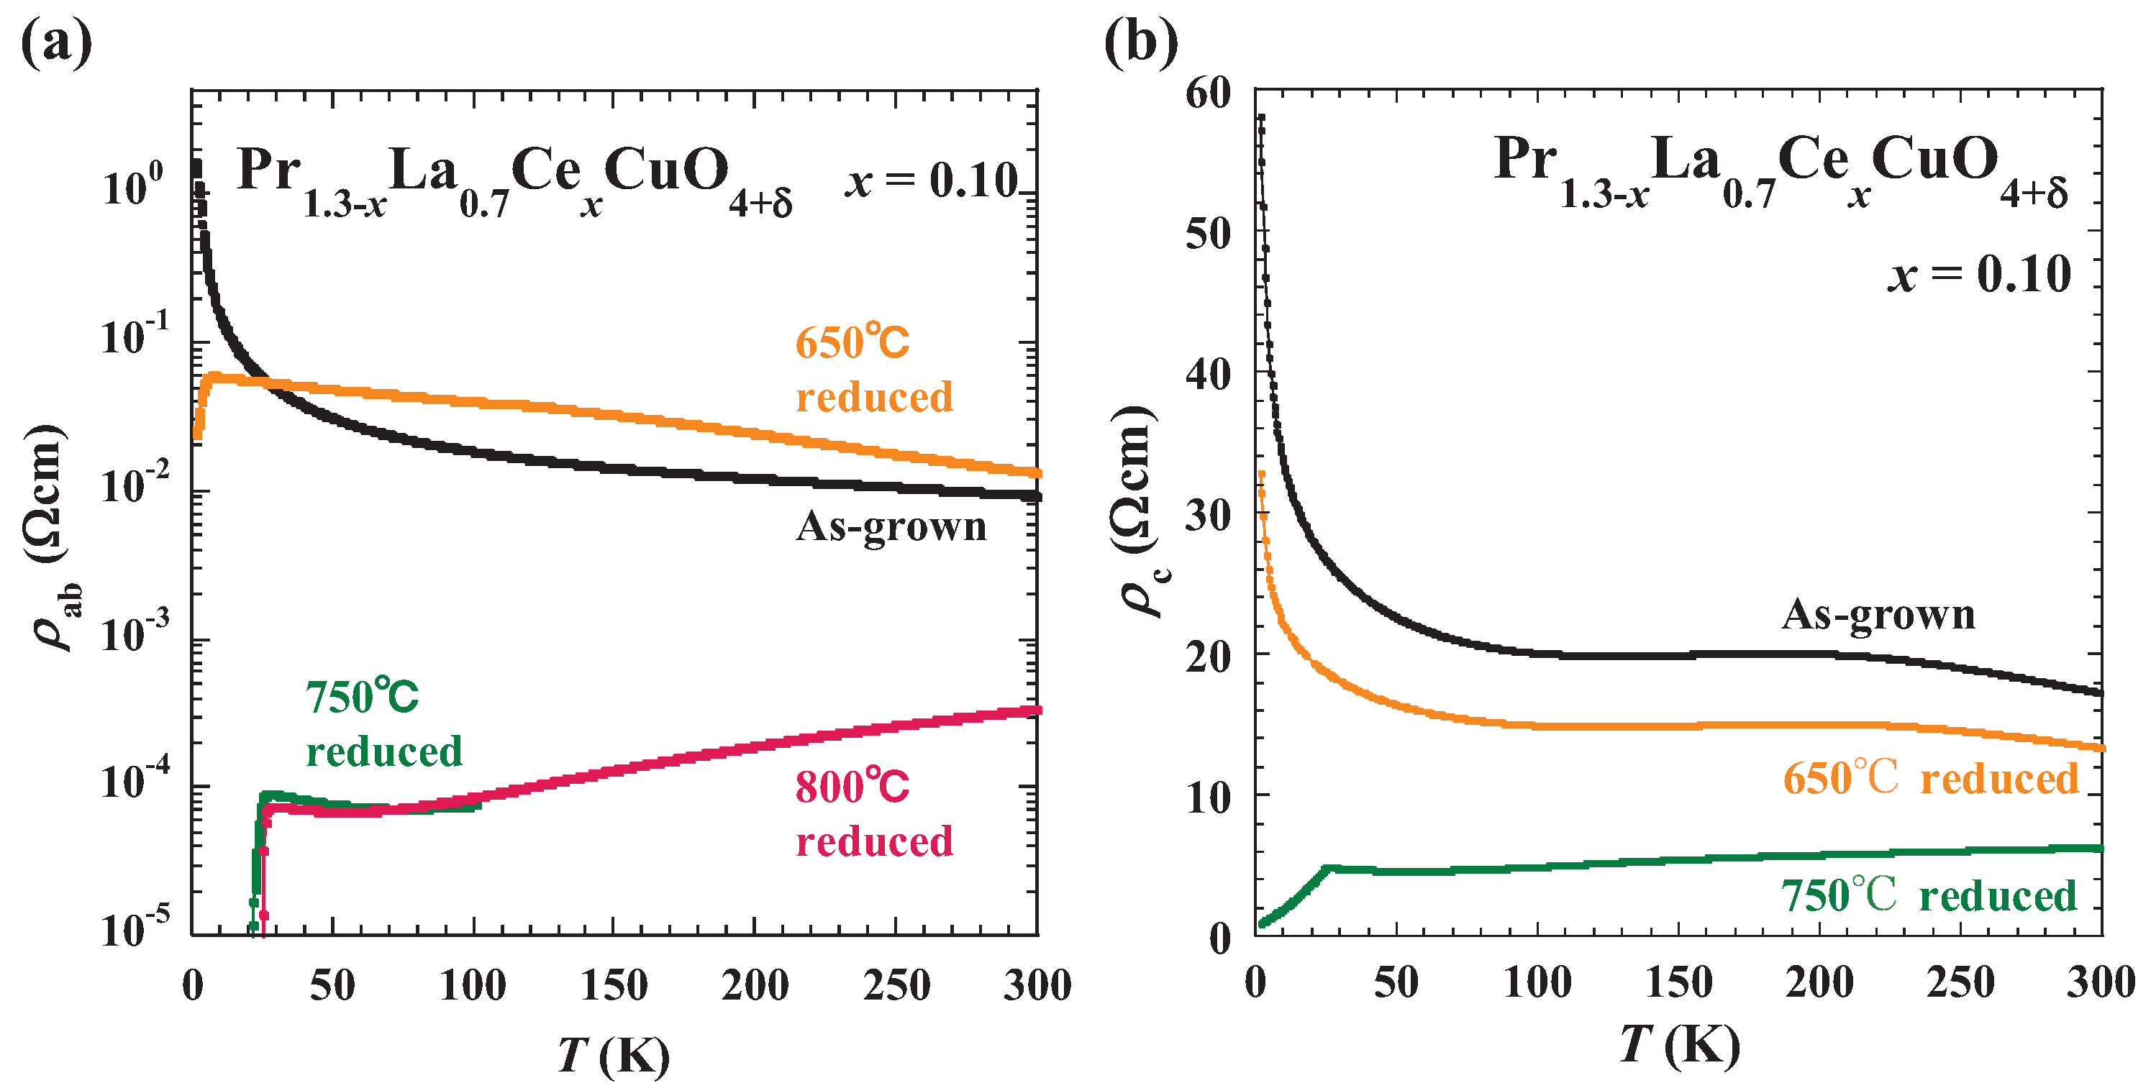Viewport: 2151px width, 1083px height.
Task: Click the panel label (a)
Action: click(x=56, y=42)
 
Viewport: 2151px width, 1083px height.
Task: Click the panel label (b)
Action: click(x=1141, y=42)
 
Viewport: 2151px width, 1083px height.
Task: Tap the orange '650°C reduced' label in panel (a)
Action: click(x=873, y=369)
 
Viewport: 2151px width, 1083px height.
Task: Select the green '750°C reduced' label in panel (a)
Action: click(x=383, y=724)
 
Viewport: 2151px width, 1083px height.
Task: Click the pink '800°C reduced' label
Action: click(x=873, y=813)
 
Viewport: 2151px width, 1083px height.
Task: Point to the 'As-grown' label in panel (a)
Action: click(x=891, y=526)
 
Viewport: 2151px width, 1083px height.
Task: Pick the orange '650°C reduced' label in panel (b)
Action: click(x=1929, y=778)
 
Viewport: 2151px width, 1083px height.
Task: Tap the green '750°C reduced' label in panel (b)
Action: click(x=1928, y=896)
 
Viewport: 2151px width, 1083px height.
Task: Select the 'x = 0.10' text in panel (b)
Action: click(x=1979, y=274)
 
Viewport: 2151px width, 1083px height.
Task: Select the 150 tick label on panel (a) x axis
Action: click(x=614, y=985)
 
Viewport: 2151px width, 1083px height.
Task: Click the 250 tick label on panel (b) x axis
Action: click(x=1960, y=983)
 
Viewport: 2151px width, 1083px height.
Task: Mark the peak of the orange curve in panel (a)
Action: click(x=214, y=377)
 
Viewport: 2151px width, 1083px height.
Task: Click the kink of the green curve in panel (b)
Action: click(x=1328, y=869)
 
